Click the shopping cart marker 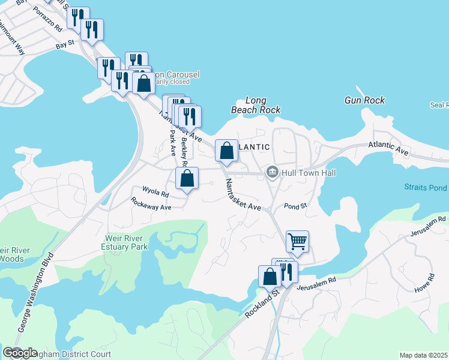click(x=297, y=241)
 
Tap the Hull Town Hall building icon click(x=273, y=173)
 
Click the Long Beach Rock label click(x=256, y=106)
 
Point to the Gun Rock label click(x=365, y=100)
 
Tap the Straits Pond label click(x=426, y=188)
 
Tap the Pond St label click(x=295, y=206)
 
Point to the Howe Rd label click(x=424, y=284)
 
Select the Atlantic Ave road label click(x=388, y=149)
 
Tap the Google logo click(x=20, y=353)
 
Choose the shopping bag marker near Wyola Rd click(x=187, y=178)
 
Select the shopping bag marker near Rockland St click(x=270, y=276)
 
